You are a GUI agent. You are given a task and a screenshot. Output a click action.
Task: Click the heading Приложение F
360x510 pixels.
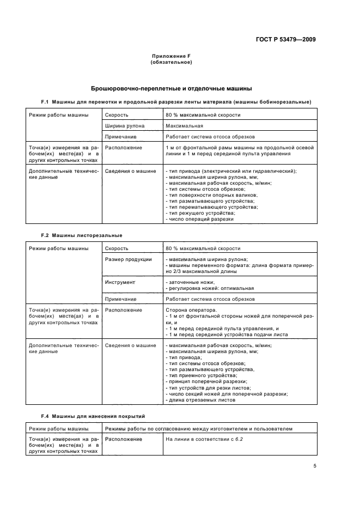coord(170,57)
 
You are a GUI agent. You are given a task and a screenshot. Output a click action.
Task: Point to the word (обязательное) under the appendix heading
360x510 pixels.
coord(170,63)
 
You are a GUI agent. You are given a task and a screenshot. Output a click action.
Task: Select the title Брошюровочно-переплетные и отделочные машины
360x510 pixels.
coord(170,88)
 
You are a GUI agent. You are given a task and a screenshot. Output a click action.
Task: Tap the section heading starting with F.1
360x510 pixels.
coord(176,102)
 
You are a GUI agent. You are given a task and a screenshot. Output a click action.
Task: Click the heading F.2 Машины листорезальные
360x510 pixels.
coord(82,235)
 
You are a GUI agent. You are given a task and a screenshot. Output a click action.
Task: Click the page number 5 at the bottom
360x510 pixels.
coord(314,466)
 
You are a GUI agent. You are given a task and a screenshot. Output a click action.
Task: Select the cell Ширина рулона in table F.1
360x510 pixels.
coord(124,126)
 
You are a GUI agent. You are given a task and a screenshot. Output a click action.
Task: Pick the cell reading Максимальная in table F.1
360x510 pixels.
coord(185,126)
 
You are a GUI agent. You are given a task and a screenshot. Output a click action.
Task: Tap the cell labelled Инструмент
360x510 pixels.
coord(120,282)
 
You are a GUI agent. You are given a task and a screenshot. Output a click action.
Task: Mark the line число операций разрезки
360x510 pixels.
coord(199,219)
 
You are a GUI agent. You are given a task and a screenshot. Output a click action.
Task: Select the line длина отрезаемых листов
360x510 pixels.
coord(200,400)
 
